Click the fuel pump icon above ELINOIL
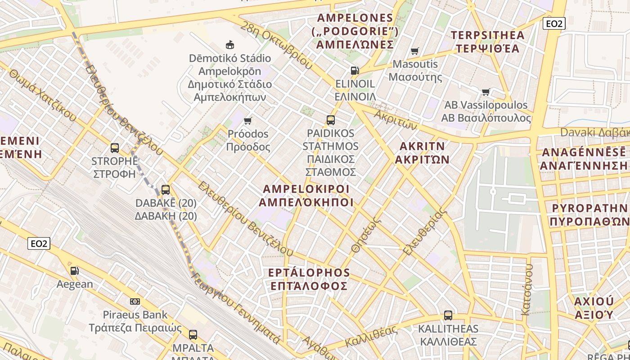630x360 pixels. click(355, 70)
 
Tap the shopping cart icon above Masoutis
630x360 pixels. click(414, 51)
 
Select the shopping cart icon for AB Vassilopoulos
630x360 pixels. click(486, 92)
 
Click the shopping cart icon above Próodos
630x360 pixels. click(247, 121)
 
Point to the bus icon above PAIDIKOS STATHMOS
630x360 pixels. click(331, 120)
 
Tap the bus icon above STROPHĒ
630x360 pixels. click(115, 148)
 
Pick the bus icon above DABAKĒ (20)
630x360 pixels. click(166, 190)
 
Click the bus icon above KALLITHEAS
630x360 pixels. click(448, 315)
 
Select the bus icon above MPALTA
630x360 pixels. click(193, 334)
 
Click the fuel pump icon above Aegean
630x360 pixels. click(75, 270)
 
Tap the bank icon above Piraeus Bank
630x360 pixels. click(135, 301)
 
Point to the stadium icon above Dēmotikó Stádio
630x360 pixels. click(230, 45)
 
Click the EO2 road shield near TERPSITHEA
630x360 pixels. click(553, 23)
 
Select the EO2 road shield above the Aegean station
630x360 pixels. click(39, 243)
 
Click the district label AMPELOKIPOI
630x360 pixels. click(306, 195)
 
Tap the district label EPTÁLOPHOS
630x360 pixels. click(308, 279)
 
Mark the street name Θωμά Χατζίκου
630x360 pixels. click(42, 95)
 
